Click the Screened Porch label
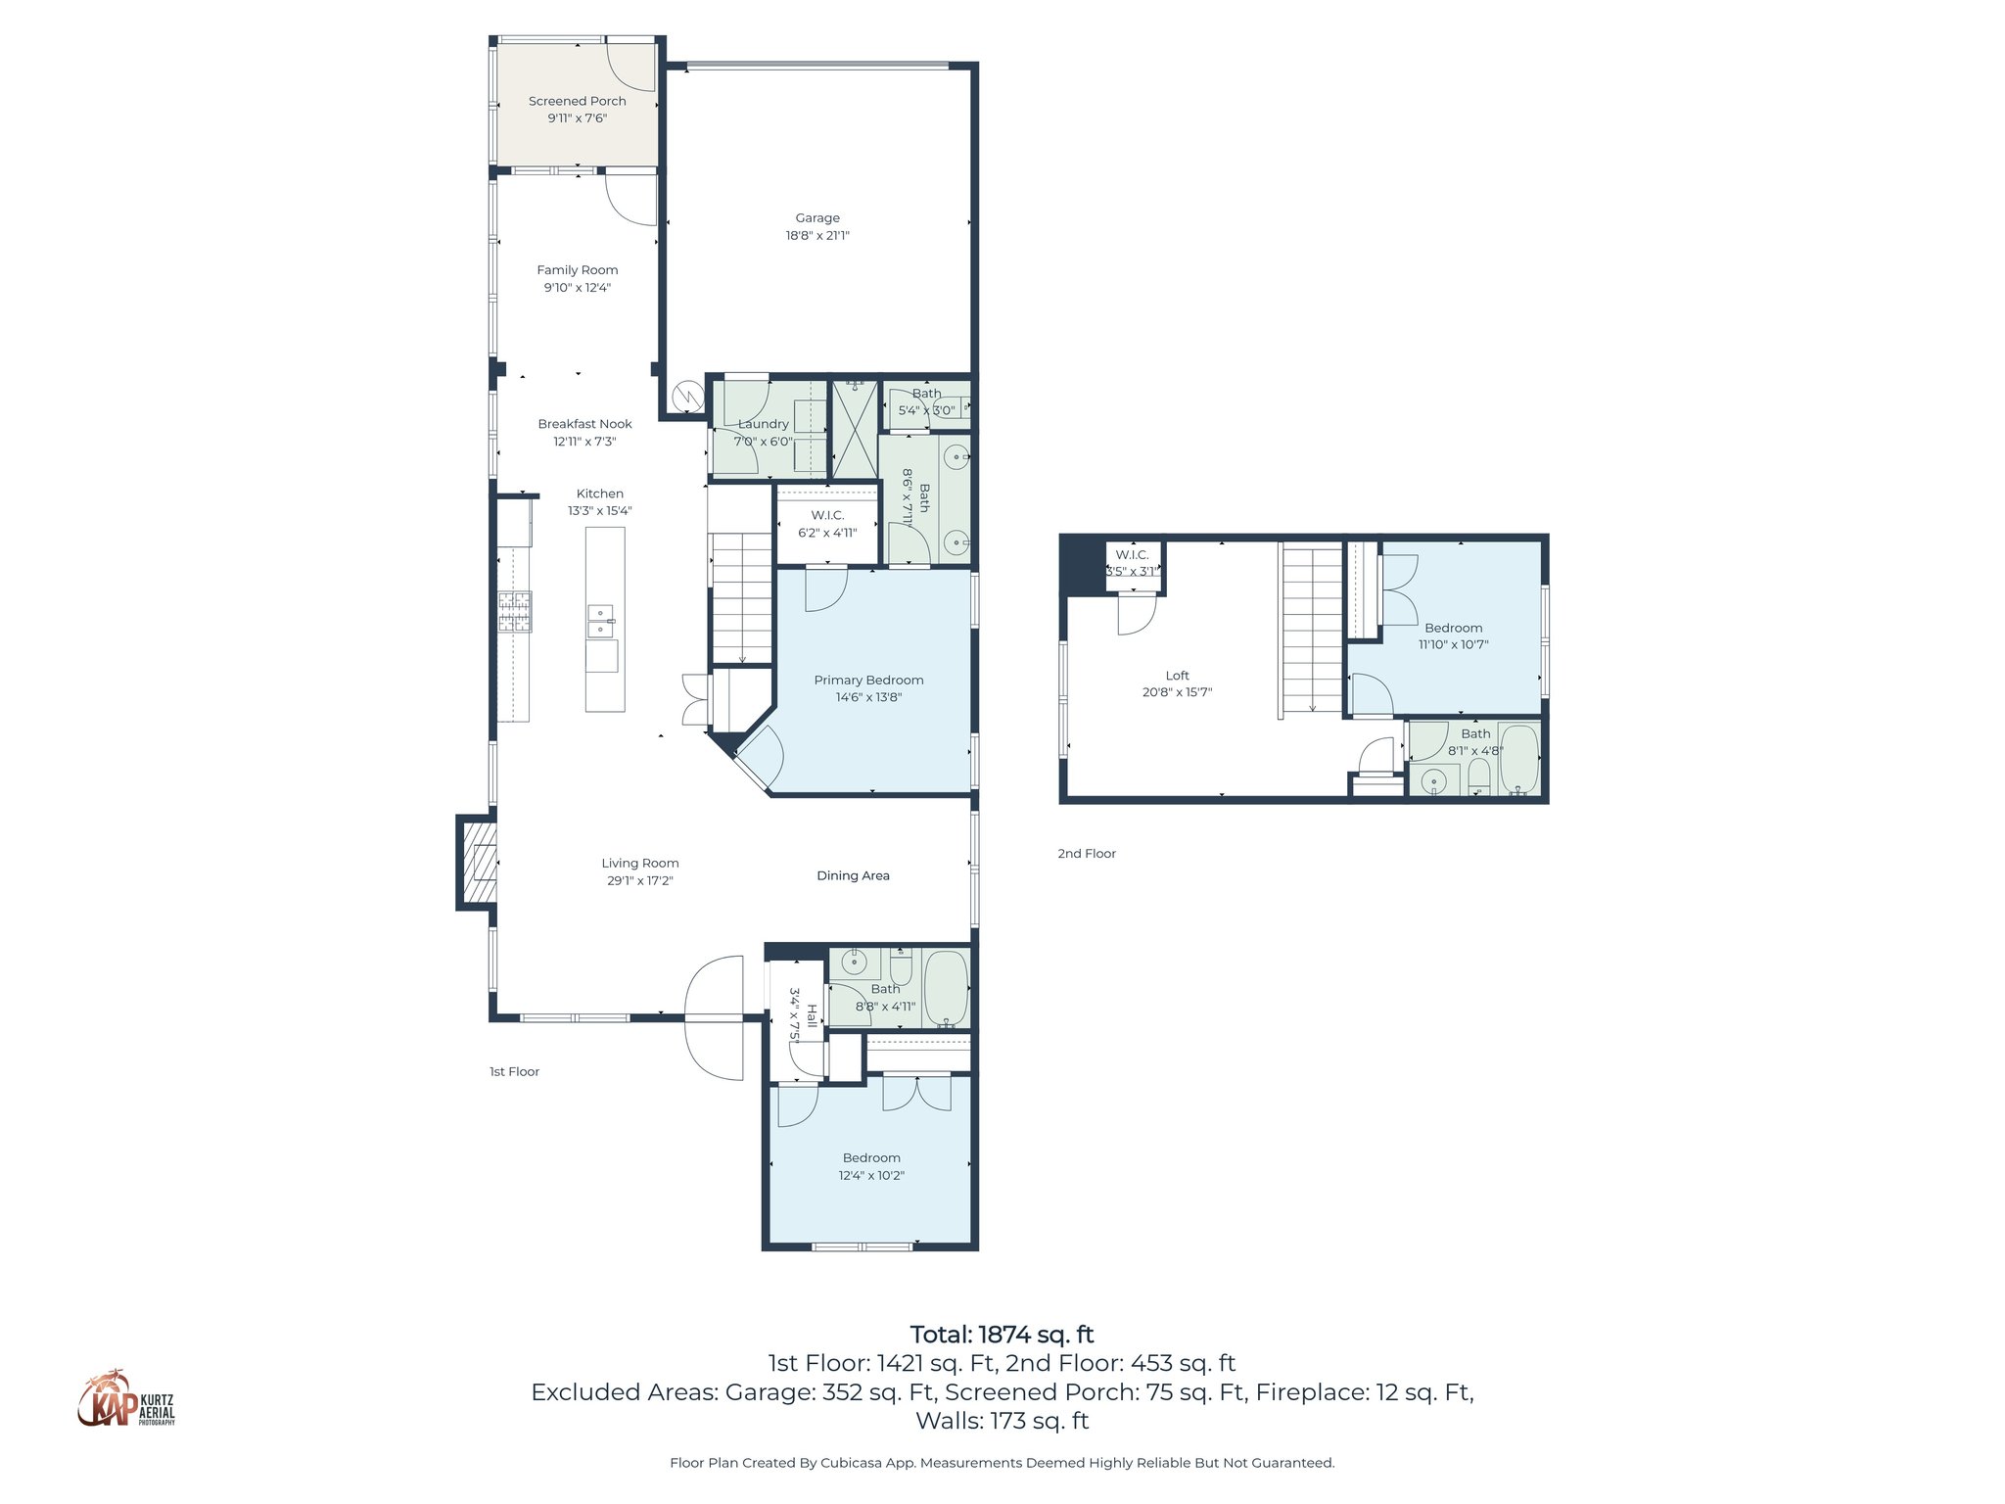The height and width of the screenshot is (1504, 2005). tap(577, 101)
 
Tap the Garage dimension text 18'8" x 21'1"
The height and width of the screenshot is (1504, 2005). tap(816, 235)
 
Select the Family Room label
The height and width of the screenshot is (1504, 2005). tap(577, 270)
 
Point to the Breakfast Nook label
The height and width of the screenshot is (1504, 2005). tap(584, 424)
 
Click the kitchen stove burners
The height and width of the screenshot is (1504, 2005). tap(515, 612)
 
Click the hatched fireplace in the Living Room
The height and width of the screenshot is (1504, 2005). tap(479, 863)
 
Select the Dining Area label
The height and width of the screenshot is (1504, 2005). tap(853, 875)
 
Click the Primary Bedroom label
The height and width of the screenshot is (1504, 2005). tap(868, 680)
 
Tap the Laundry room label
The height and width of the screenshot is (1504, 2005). tap(763, 424)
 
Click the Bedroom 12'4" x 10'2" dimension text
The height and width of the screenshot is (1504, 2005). tap(871, 1175)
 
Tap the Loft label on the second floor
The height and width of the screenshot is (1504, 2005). tap(1177, 676)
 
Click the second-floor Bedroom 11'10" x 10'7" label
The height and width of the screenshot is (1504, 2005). tap(1453, 628)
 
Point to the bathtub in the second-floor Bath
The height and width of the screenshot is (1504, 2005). tap(1518, 759)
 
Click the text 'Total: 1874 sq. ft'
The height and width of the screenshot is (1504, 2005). tap(1002, 1335)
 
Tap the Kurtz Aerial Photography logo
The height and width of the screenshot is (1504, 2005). tap(126, 1399)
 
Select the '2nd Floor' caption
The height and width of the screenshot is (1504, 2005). tap(1086, 854)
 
